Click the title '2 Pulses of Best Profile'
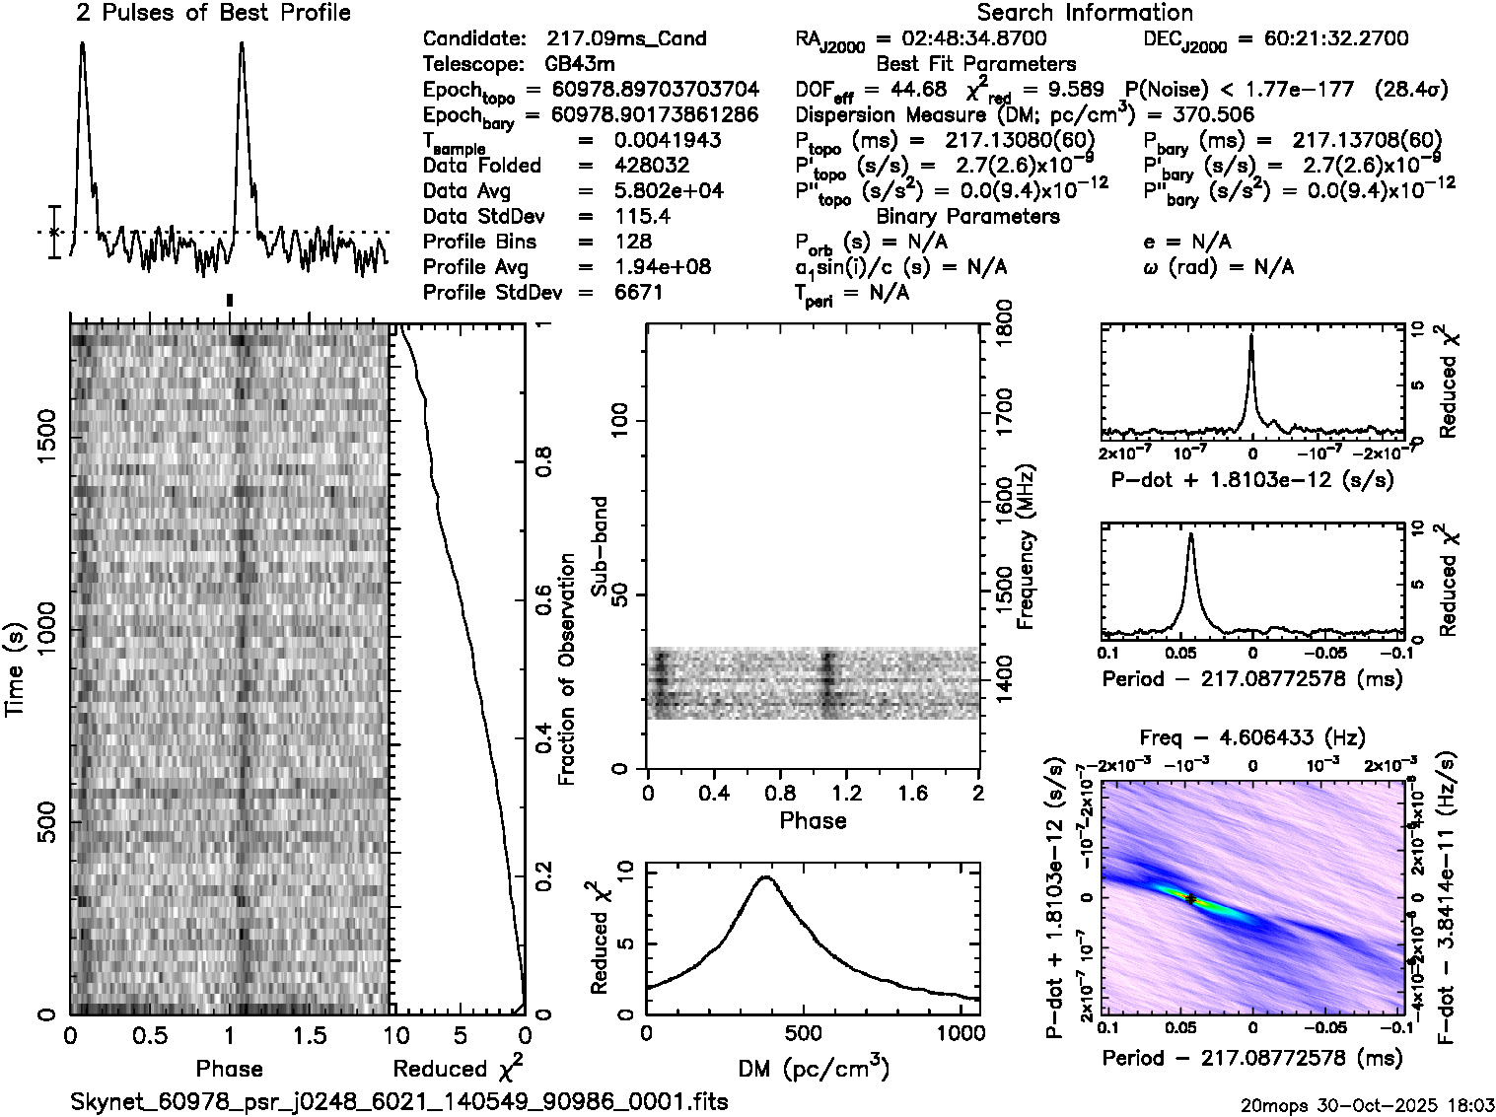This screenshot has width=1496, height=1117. pyautogui.click(x=213, y=13)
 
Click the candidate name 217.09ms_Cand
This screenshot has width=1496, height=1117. pyautogui.click(x=626, y=39)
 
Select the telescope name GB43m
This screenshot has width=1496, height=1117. pyautogui.click(x=580, y=65)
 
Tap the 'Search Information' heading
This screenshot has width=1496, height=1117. pyautogui.click(x=1085, y=13)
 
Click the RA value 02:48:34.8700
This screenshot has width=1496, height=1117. pyautogui.click(x=962, y=39)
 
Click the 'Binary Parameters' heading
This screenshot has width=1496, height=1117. pyautogui.click(x=967, y=216)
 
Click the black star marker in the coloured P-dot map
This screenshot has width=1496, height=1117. pyautogui.click(x=1190, y=898)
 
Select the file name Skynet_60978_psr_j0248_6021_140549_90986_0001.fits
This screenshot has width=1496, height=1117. pyautogui.click(x=399, y=1101)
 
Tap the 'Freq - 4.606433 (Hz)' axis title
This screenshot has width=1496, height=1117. pyautogui.click(x=1252, y=737)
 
